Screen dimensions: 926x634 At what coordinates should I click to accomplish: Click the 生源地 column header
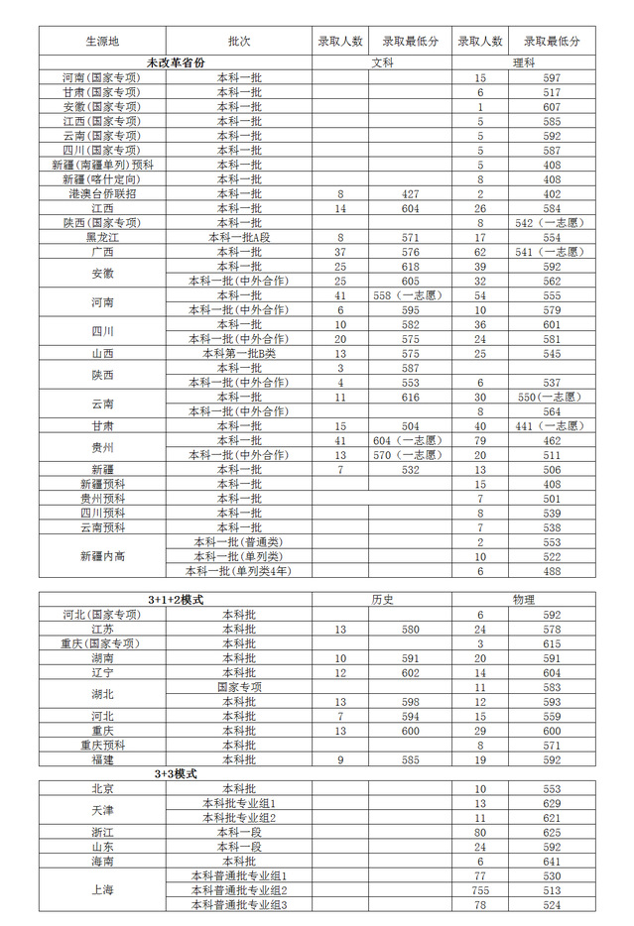[101, 42]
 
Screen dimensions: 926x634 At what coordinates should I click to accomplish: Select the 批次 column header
[238, 42]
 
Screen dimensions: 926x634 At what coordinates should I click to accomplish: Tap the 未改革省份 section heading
[176, 62]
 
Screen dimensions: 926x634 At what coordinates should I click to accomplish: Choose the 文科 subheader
[382, 62]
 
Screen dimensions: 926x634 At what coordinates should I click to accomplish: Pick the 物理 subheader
[523, 600]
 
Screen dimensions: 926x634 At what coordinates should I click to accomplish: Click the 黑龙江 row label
[101, 238]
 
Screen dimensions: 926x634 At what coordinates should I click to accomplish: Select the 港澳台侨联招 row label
[101, 194]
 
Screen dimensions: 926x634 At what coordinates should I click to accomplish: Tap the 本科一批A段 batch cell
[238, 238]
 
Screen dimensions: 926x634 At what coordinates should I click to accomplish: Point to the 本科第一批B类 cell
[238, 353]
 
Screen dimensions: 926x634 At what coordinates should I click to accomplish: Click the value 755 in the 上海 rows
[480, 890]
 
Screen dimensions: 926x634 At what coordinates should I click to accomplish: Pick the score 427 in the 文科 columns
[411, 194]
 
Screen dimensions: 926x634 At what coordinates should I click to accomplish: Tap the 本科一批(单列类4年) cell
[238, 571]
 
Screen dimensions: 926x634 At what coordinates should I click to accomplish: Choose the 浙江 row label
[101, 833]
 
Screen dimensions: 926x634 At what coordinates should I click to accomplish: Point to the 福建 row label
[101, 759]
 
